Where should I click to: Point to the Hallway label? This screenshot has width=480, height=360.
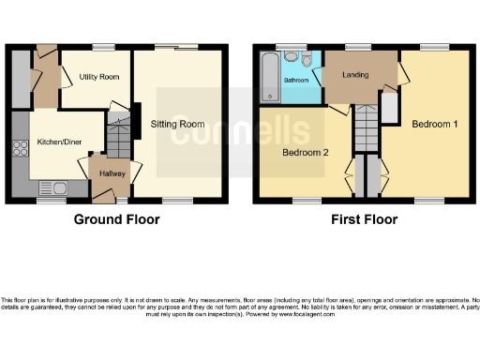coord(112,173)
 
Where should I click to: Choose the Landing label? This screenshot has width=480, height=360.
coord(354,76)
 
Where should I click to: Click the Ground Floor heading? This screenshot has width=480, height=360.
coord(117,219)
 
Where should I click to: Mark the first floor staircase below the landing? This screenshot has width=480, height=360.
coord(364,127)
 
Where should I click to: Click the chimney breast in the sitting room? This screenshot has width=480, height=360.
coord(136,119)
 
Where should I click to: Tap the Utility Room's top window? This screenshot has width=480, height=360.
coord(102,47)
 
